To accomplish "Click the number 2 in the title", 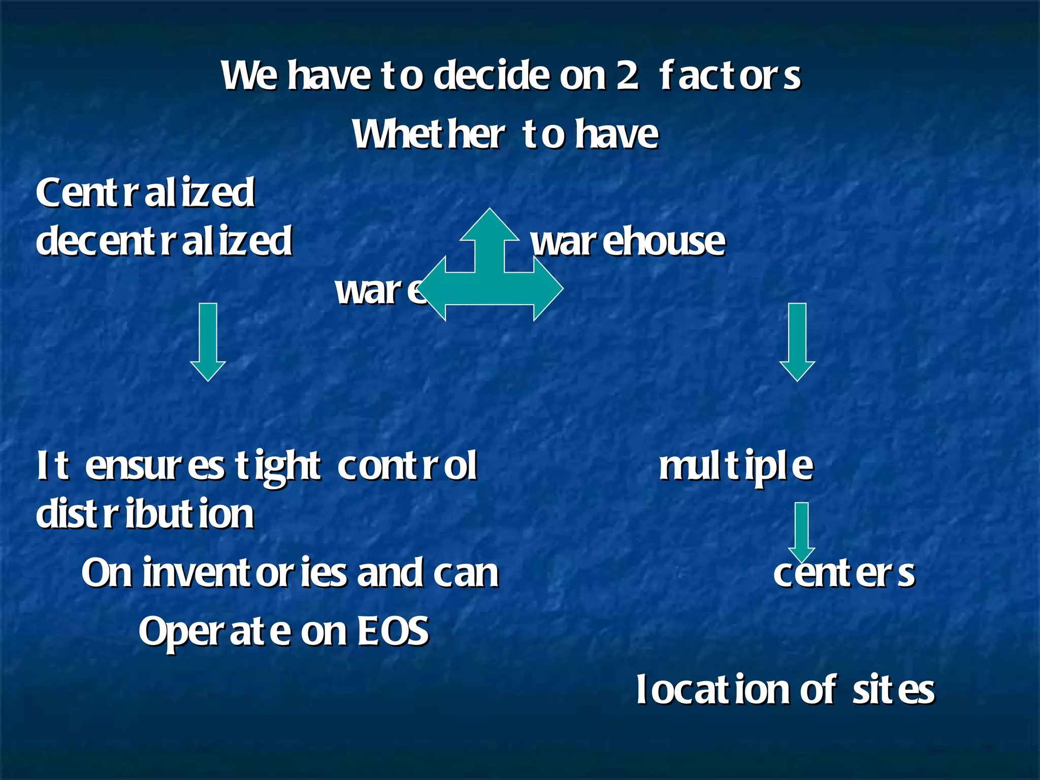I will [x=628, y=76].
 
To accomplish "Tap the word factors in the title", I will [x=730, y=76].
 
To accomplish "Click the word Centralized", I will [x=145, y=193].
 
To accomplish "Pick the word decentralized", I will [x=164, y=241].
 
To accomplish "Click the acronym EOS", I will [x=394, y=631].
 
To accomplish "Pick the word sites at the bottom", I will [x=893, y=691].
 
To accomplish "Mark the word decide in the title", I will [x=492, y=76].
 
